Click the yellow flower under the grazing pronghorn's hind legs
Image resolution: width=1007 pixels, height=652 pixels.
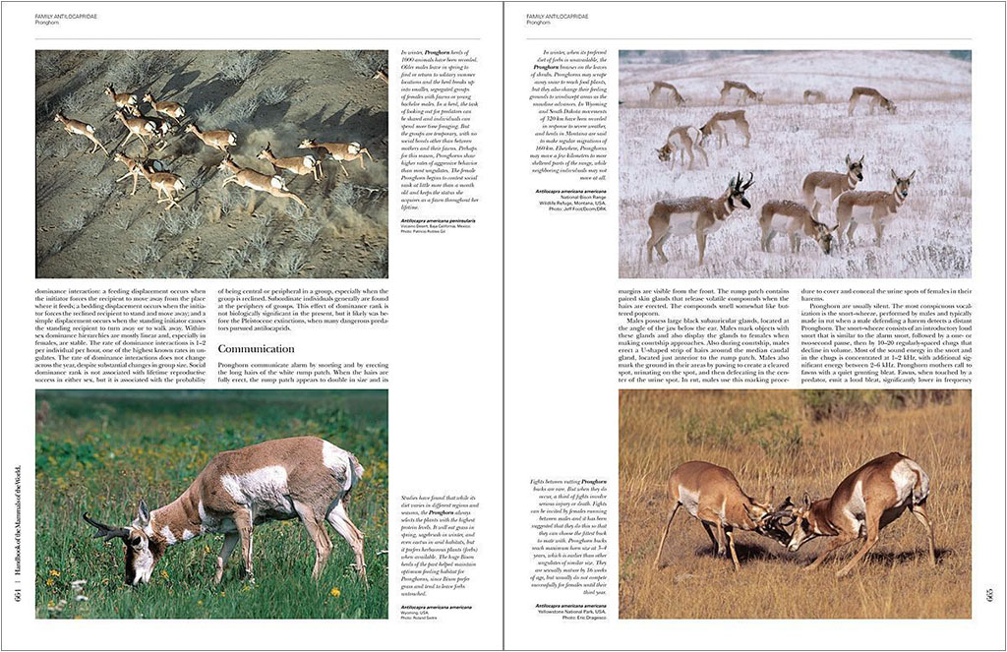click(x=334, y=592)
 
